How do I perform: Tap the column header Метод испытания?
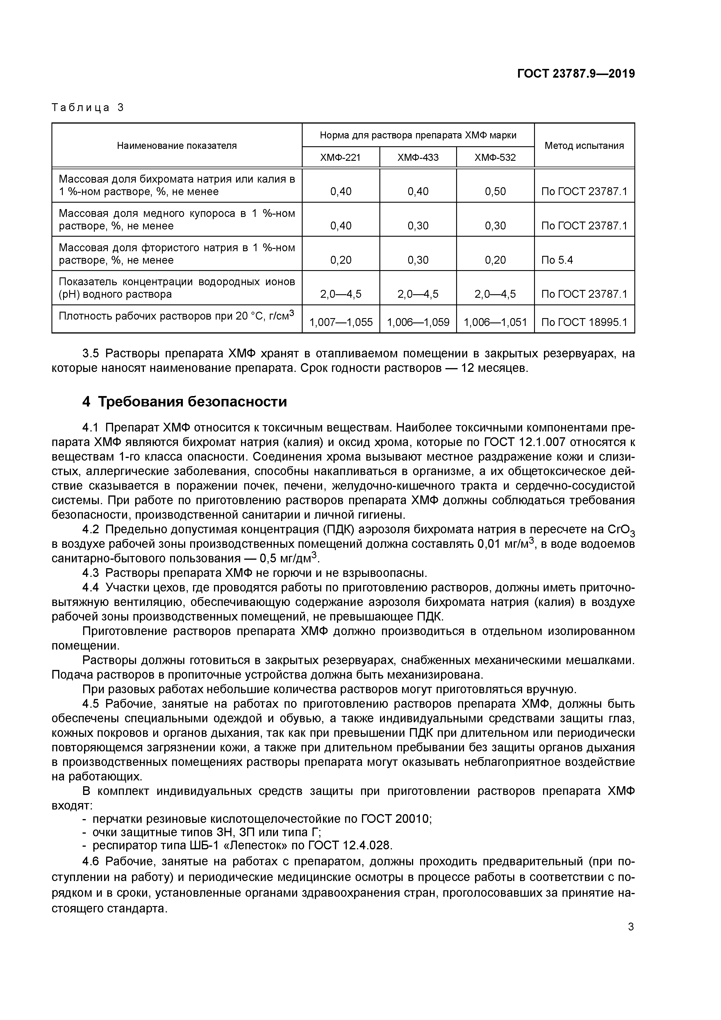[584, 145]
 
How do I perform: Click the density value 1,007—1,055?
[341, 322]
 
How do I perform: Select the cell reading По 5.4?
[557, 260]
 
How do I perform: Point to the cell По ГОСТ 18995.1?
[584, 322]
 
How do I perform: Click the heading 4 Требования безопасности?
[184, 402]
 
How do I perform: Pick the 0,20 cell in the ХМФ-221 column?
[341, 260]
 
